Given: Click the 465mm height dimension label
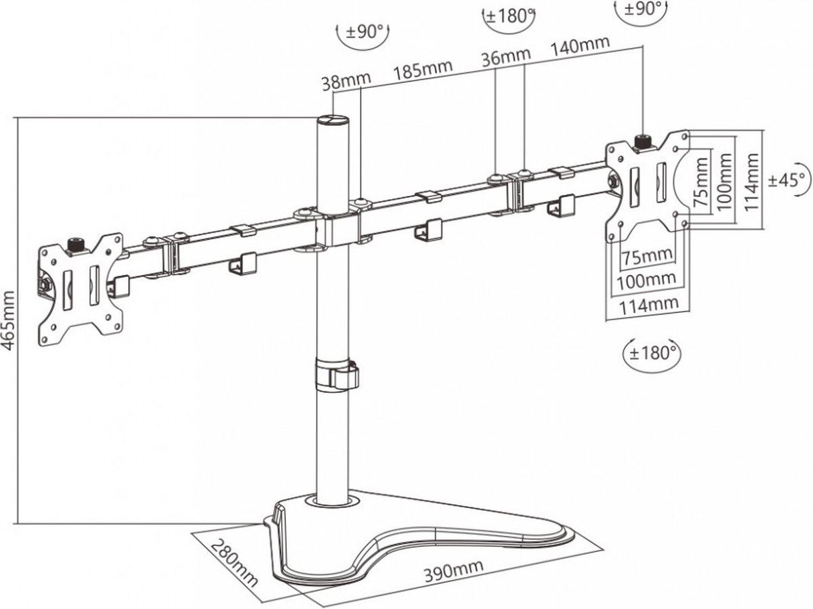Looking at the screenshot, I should [8, 320].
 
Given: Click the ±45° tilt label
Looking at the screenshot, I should [789, 180].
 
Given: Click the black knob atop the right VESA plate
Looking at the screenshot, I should [641, 141].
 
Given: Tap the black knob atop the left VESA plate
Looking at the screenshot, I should [76, 243].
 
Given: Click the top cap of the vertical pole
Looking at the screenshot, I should [333, 121].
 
